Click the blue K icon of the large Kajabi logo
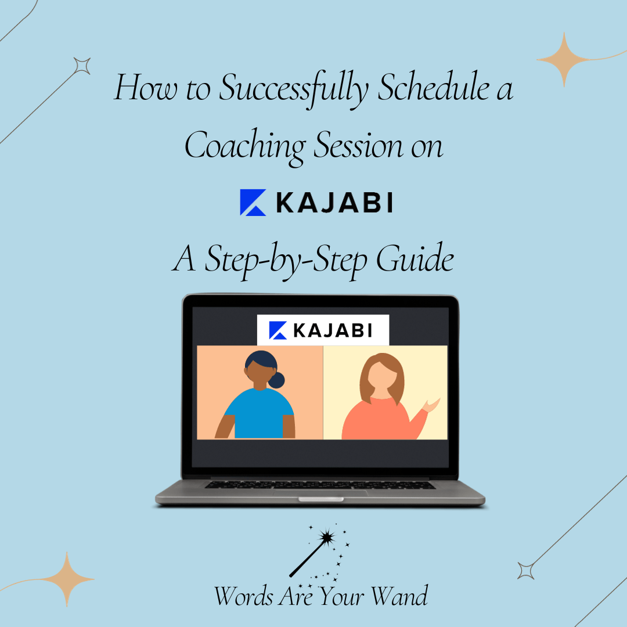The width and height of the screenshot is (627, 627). (x=253, y=203)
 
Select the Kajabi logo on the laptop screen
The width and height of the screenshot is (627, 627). (x=323, y=330)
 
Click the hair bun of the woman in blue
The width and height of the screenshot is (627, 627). (x=277, y=380)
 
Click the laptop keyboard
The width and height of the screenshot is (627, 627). (x=320, y=484)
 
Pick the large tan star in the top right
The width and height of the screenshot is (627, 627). (x=563, y=59)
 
